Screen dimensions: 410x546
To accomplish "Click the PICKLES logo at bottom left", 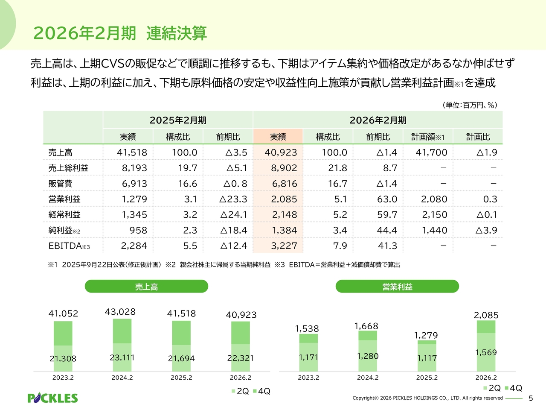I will (x=52, y=398).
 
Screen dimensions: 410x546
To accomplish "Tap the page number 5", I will (x=531, y=398).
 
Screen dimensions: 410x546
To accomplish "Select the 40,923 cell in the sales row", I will (x=281, y=152).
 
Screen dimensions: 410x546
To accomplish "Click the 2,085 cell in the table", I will (x=284, y=199).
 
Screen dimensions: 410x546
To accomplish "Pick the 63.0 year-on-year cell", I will (x=387, y=199).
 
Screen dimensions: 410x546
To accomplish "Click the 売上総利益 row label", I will (x=68, y=168).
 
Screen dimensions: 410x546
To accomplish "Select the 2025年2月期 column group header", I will (x=178, y=120).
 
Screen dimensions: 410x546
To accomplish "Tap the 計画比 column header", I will (x=478, y=137).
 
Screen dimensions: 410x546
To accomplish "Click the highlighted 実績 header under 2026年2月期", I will (x=278, y=137).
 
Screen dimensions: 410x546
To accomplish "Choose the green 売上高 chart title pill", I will (x=146, y=287).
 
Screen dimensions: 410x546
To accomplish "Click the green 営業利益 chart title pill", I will (x=397, y=287).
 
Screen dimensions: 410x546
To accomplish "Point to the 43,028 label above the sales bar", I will (x=120, y=312).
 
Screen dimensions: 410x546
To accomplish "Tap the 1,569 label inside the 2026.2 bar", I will (x=486, y=352).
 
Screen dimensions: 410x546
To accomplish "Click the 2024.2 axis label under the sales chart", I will (x=122, y=378).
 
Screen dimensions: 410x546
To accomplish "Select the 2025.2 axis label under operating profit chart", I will (x=427, y=378).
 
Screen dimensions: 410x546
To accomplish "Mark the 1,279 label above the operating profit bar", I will (x=426, y=335).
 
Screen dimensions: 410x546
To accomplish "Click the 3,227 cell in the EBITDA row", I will (x=284, y=246).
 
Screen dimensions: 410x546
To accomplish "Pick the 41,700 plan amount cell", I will (x=431, y=152).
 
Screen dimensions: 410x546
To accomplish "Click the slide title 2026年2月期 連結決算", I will (x=120, y=33).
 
